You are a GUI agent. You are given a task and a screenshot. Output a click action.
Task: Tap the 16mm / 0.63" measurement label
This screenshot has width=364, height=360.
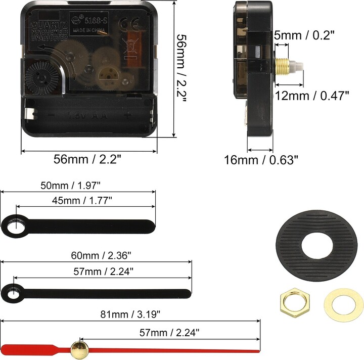click(x=261, y=160)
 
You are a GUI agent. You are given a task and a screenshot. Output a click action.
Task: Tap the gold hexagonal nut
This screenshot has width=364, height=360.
click(x=291, y=302)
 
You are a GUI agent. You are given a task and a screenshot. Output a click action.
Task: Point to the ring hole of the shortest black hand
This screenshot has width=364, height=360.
click(x=19, y=224)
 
